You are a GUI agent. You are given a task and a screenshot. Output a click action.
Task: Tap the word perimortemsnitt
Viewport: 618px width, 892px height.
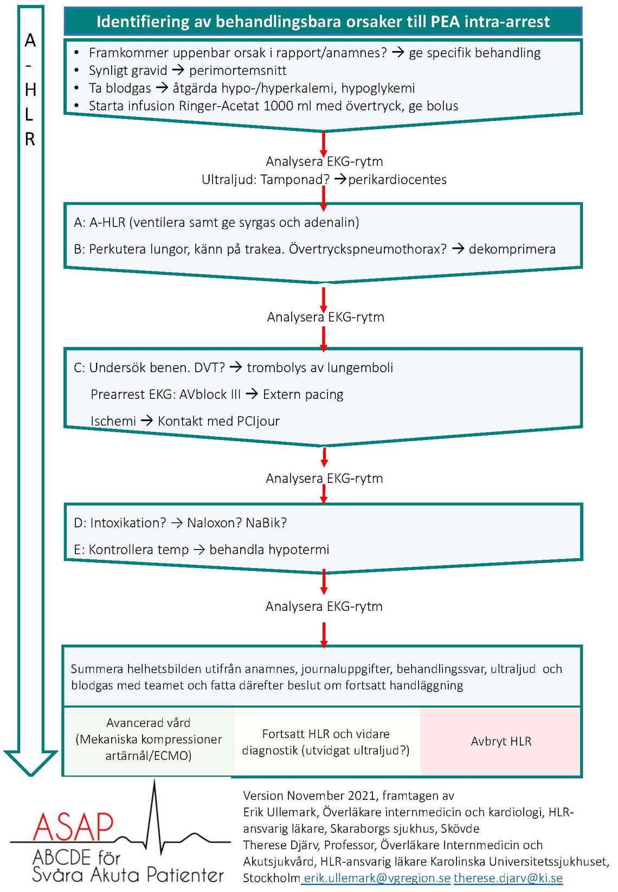(237, 70)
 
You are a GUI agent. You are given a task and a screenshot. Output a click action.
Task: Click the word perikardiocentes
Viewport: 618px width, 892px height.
(397, 179)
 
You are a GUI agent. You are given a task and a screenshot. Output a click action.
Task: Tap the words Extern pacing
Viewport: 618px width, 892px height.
(303, 395)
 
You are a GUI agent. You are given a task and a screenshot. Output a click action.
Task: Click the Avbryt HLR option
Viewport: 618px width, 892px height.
(501, 741)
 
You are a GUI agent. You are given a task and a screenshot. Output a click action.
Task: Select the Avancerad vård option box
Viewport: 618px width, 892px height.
(149, 741)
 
